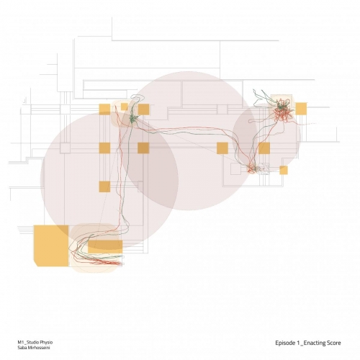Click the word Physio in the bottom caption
(45, 342)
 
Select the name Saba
(22, 348)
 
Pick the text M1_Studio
(27, 342)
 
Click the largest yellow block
(51, 246)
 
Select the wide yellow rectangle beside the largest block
(105, 247)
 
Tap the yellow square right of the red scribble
(301, 109)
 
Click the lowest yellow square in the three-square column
(104, 186)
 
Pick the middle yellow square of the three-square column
(104, 148)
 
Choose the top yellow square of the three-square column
(104, 109)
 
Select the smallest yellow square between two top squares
(125, 107)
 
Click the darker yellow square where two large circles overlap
(143, 148)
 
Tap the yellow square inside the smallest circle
(264, 148)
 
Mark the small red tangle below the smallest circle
(251, 168)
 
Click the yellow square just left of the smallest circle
(222, 148)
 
